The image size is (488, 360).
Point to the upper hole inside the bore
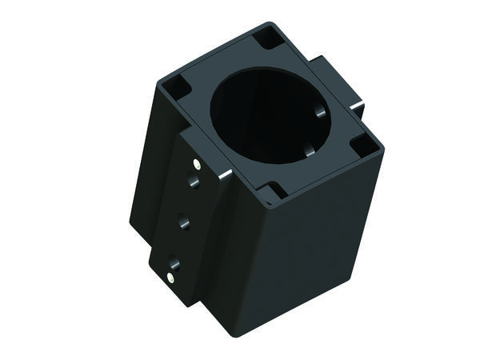click(x=319, y=111)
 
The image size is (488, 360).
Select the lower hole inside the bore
click(x=310, y=150)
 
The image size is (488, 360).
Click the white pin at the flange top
click(x=196, y=163)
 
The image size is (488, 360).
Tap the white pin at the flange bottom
click(x=170, y=278)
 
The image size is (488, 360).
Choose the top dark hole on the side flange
click(x=192, y=182)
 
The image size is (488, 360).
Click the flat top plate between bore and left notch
click(x=200, y=104)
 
